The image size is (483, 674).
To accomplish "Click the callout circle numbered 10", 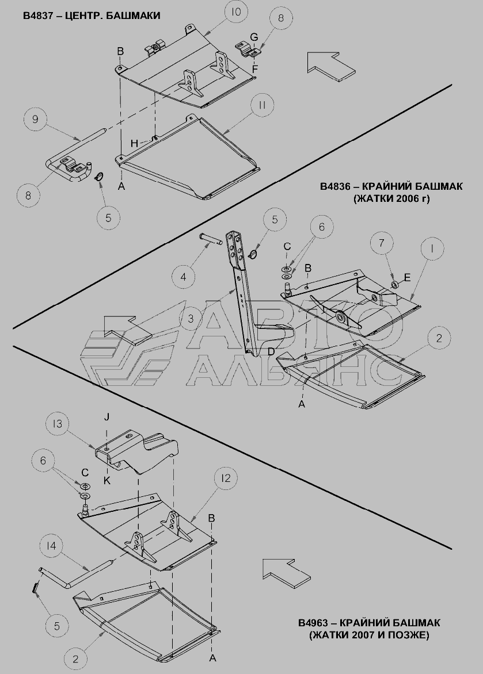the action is tap(236, 13).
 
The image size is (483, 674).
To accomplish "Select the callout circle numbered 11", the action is tap(263, 105).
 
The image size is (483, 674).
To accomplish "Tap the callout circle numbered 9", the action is tap(35, 118).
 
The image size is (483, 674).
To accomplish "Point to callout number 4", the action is tap(184, 277).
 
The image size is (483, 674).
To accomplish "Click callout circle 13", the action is tap(57, 424).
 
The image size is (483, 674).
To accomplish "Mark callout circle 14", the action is tap(52, 546).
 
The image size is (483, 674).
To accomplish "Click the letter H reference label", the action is tap(135, 144).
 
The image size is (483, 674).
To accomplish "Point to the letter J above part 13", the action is tap(107, 416).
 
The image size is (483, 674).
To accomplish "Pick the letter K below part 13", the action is tap(107, 480).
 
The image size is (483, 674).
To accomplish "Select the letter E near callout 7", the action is tap(407, 277).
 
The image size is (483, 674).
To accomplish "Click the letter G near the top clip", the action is tap(254, 37).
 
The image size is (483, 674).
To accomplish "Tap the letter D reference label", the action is tap(271, 352).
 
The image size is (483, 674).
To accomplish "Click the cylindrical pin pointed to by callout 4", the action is tap(211, 238).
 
